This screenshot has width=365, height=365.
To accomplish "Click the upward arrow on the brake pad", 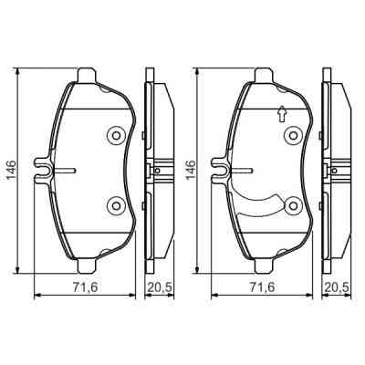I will click(281, 114).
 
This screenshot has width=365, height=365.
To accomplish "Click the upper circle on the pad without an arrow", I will click(116, 136).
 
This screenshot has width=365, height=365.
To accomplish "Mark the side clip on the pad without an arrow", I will click(43, 169).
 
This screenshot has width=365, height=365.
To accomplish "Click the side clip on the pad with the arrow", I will click(219, 169).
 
